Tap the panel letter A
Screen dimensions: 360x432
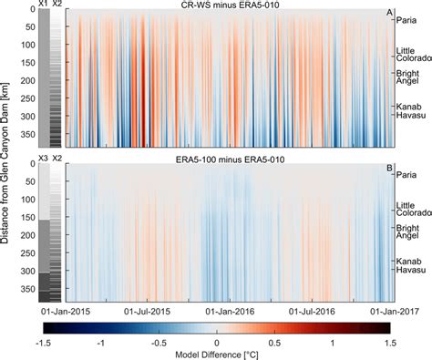pyautogui.click(x=389, y=13)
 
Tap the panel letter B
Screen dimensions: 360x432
pyautogui.click(x=389, y=167)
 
